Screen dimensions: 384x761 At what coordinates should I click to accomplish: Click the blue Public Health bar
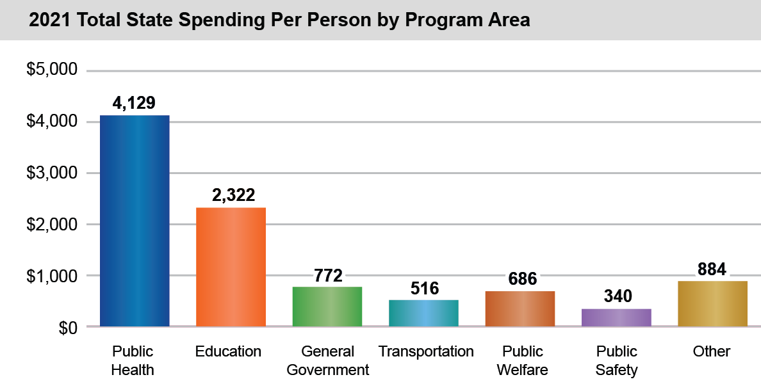coord(135,221)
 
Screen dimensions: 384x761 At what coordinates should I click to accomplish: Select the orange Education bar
coord(231,267)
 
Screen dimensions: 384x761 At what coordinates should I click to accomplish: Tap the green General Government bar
coord(327,307)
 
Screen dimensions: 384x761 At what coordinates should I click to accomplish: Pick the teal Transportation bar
coord(423,313)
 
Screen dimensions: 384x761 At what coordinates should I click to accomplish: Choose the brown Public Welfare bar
coord(520,308)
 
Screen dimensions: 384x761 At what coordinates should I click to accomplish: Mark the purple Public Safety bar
coord(616,317)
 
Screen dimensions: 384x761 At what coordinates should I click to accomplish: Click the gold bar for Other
coord(712,303)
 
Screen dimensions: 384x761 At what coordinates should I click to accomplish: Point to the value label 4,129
coord(134,104)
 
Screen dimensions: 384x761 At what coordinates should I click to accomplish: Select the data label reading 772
coord(329,276)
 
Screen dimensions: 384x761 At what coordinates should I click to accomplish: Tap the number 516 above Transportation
coord(425,289)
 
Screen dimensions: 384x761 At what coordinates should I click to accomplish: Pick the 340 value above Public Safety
coord(618,296)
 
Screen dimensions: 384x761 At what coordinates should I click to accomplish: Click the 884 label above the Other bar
coord(712,269)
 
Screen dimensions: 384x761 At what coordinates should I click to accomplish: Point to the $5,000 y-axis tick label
coord(51,70)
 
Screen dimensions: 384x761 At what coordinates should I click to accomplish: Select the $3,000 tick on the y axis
coord(51,173)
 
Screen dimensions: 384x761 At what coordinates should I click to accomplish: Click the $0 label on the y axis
coord(67,328)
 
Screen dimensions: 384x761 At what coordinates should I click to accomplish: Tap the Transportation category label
coord(426,351)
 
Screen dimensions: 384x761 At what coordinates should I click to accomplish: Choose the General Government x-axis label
coord(328,360)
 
